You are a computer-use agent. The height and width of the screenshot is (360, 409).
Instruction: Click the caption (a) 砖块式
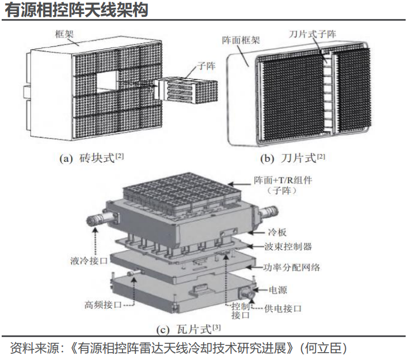click(91, 158)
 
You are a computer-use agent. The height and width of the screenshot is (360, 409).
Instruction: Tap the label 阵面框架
click(240, 41)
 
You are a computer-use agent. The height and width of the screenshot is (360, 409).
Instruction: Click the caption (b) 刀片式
click(293, 158)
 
